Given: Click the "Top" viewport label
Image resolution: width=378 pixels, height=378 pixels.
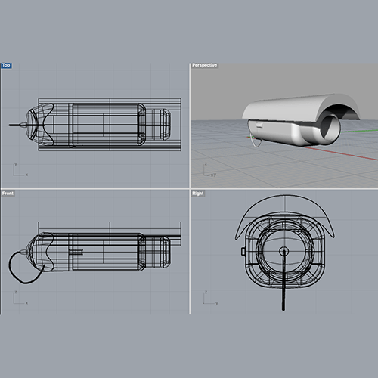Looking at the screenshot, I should pyautogui.click(x=6, y=65).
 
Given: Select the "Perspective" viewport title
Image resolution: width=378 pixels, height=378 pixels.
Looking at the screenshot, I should pyautogui.click(x=205, y=65).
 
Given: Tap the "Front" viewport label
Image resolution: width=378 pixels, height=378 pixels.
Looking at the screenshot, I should pyautogui.click(x=8, y=194).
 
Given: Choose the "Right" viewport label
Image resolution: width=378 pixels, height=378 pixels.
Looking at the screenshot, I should pyautogui.click(x=198, y=194).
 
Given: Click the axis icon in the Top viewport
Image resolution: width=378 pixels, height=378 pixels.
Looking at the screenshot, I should pyautogui.click(x=17, y=171).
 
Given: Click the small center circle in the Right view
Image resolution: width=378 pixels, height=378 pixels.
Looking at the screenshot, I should pyautogui.click(x=283, y=250).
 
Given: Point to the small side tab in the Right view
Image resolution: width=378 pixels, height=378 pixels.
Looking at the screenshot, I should pyautogui.click(x=243, y=250).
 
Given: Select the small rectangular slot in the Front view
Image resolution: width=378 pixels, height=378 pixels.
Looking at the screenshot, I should pyautogui.click(x=76, y=251).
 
